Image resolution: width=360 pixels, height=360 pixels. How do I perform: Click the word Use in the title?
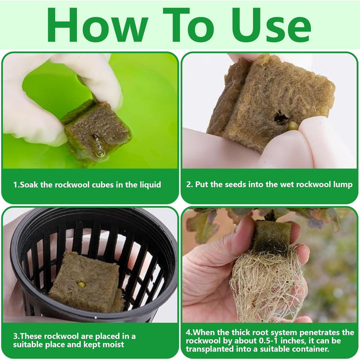271,25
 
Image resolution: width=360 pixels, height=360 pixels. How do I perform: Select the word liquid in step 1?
150,185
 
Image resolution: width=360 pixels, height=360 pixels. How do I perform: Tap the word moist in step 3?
113,344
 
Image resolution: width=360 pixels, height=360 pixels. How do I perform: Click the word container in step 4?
311,349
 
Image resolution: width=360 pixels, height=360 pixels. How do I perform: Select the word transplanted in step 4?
208,349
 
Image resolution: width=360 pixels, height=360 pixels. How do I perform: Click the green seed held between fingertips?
292,125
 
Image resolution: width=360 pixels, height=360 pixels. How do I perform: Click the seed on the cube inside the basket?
81,284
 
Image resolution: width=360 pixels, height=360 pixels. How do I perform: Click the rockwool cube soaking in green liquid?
96,131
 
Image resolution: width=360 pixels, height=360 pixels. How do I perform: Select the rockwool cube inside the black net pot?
85,282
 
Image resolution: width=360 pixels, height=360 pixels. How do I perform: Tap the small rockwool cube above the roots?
271,237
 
